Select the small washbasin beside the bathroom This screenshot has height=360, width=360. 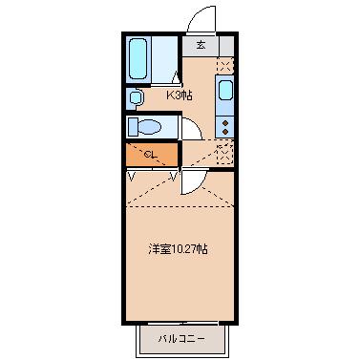point(136,96)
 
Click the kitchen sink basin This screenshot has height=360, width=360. point(224,93)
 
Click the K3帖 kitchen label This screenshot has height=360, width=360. point(180,95)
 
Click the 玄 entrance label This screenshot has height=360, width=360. point(201,45)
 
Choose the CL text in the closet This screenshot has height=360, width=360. point(151,154)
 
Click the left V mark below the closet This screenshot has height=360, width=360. point(131,176)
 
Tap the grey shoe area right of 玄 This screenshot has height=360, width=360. point(225,45)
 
